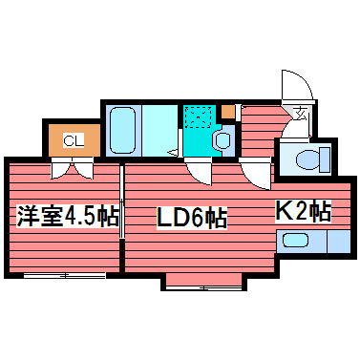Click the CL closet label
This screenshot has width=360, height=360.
[x=74, y=141]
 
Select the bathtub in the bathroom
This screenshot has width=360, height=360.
[x=122, y=131]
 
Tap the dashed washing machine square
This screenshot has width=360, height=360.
[x=199, y=116]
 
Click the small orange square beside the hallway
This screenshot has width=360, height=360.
[x=227, y=111]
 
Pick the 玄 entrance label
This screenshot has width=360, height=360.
[x=301, y=114]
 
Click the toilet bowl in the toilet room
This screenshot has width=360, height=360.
[x=307, y=159]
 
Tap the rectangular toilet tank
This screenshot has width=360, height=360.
[x=325, y=159]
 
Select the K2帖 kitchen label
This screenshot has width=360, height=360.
[x=304, y=211]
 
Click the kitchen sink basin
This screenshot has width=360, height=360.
[x=296, y=241]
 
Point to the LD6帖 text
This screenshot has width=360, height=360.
[x=192, y=218]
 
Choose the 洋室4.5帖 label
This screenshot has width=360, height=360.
[x=68, y=216]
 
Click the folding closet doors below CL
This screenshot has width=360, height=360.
[x=73, y=168]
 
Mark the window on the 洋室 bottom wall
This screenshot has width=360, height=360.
[x=65, y=276]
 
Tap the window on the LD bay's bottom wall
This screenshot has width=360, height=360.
[x=204, y=288]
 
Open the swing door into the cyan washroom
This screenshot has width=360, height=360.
[x=200, y=171]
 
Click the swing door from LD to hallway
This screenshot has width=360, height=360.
[x=256, y=173]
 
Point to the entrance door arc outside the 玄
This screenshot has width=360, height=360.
[x=297, y=85]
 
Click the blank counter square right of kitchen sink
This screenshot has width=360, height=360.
[x=339, y=242]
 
